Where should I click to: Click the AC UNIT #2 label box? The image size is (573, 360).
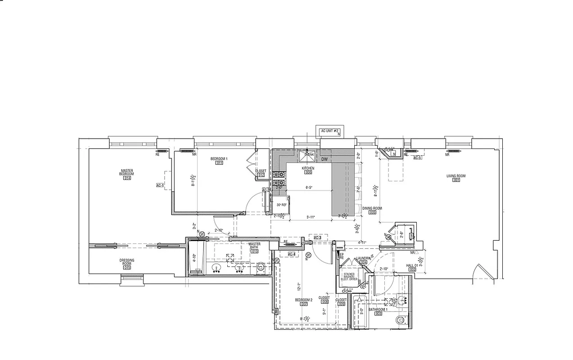329,131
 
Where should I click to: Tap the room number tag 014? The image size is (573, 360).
126,178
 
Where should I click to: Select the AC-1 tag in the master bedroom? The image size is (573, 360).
160,185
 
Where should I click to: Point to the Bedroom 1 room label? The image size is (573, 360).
219,159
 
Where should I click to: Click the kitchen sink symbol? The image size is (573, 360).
308,156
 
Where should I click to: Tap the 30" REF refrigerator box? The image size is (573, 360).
282,205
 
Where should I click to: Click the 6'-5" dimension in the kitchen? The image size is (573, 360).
309,188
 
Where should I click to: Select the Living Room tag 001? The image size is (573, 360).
456,180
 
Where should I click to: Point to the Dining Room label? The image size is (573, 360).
372,208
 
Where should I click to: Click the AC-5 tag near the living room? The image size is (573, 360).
417,158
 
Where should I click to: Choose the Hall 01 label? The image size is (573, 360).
412,265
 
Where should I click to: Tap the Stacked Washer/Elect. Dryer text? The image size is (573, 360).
350,276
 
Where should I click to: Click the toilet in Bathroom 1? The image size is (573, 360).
400,320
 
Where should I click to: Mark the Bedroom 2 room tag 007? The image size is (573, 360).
304,304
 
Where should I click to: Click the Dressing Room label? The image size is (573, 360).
127,261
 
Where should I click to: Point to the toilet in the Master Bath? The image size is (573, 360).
261,267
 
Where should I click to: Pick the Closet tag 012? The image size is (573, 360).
261,175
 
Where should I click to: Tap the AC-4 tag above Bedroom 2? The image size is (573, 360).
291,254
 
